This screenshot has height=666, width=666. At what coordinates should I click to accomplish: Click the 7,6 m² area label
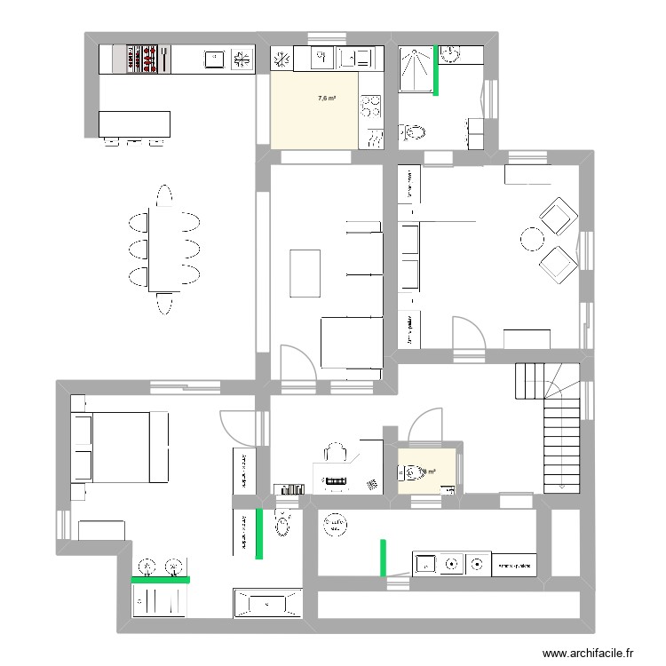(327, 99)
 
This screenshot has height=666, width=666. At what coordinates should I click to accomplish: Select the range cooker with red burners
(145, 59)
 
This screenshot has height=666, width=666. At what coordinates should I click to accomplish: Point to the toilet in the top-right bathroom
(415, 132)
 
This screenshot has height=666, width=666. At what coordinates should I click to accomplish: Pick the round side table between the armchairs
(532, 238)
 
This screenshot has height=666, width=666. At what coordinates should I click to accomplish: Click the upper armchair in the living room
(557, 217)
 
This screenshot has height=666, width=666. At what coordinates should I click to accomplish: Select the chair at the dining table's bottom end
(164, 305)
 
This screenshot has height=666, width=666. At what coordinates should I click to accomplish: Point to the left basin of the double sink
(147, 565)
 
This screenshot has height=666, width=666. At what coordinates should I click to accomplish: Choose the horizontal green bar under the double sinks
(161, 579)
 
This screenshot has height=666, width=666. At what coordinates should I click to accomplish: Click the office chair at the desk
(335, 454)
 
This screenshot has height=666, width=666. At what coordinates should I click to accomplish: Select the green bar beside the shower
(436, 69)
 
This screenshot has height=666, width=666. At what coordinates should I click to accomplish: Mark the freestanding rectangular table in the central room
(305, 273)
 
